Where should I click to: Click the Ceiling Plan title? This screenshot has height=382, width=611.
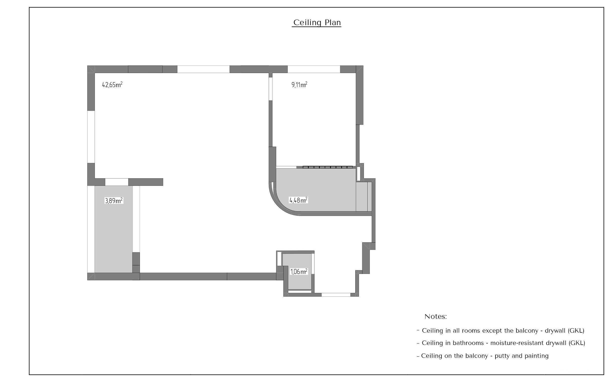coord(317,23)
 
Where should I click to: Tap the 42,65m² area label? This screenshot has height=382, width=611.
coord(112,85)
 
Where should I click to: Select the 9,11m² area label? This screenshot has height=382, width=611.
coord(299,85)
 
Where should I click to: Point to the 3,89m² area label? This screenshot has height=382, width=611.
coord(114,201)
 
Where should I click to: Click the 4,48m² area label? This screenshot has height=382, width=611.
coord(298,200)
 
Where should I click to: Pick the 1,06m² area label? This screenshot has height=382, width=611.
coord(299,272)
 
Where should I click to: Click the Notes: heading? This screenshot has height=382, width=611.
coord(436,317)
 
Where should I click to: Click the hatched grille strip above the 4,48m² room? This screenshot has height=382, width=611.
coord(328,167)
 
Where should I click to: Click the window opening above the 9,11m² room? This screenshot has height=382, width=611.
coord(314,69)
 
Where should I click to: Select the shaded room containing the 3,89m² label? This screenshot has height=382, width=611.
coord(114,229)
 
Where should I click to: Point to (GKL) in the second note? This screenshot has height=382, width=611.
coord(577,343)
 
